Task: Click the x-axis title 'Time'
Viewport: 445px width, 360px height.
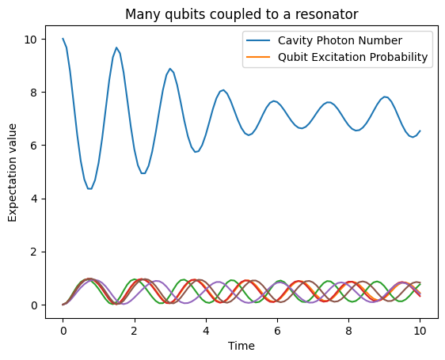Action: [x=241, y=347]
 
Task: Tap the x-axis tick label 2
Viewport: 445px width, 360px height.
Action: [x=135, y=329]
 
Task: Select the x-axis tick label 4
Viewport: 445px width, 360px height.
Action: [x=206, y=329]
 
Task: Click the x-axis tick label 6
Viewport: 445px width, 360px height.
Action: [x=277, y=329]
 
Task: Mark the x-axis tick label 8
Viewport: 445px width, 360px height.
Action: [x=348, y=329]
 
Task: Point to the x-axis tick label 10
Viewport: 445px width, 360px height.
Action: [x=420, y=329]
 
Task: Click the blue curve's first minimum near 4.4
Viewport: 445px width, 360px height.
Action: [x=89, y=188]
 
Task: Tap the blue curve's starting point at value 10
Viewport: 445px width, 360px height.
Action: [x=63, y=39]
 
